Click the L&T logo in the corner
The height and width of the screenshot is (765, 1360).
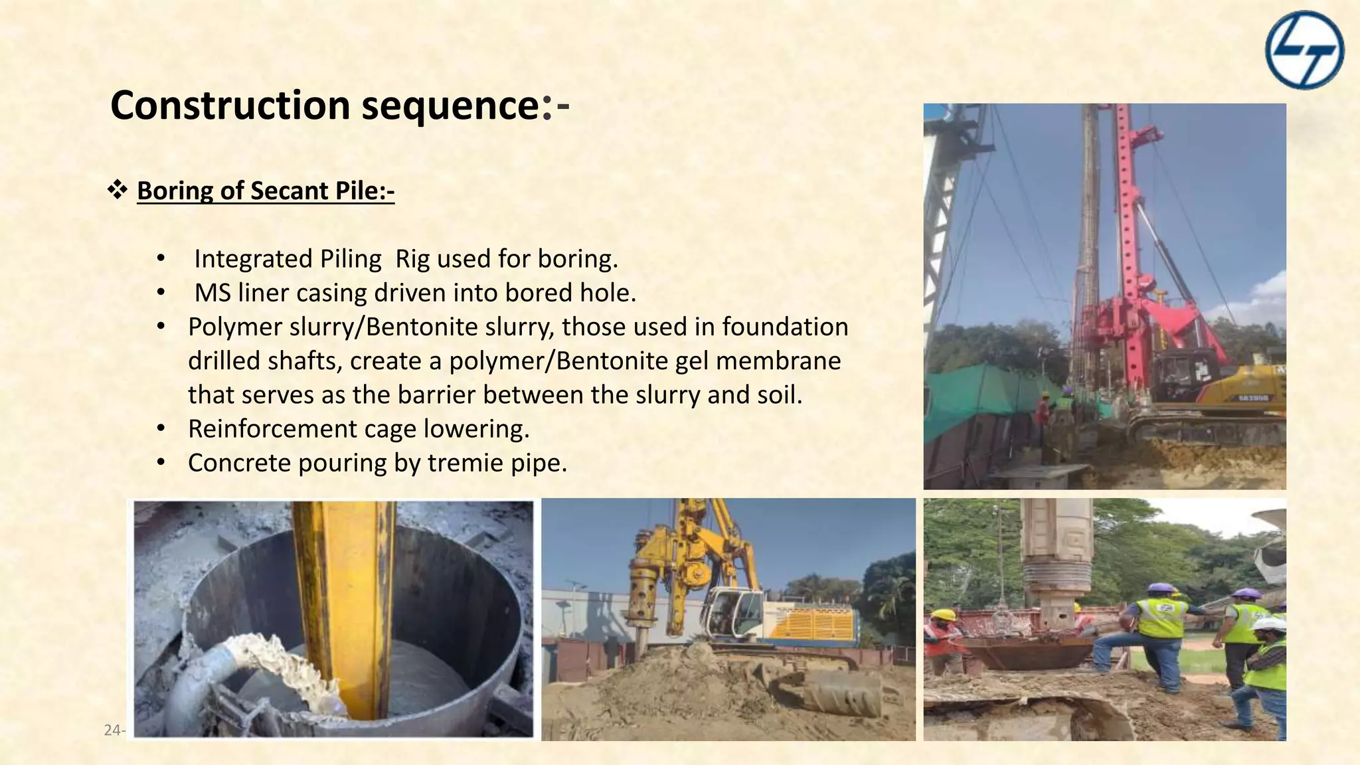click(1304, 50)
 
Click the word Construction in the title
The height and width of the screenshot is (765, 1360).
click(230, 106)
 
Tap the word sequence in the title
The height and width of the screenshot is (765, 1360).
click(450, 106)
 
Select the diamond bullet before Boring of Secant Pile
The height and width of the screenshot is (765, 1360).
click(118, 190)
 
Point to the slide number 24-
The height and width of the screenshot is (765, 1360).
click(114, 730)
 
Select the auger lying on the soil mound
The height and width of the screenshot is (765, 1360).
click(837, 691)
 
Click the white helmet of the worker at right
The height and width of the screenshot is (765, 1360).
click(1268, 624)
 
